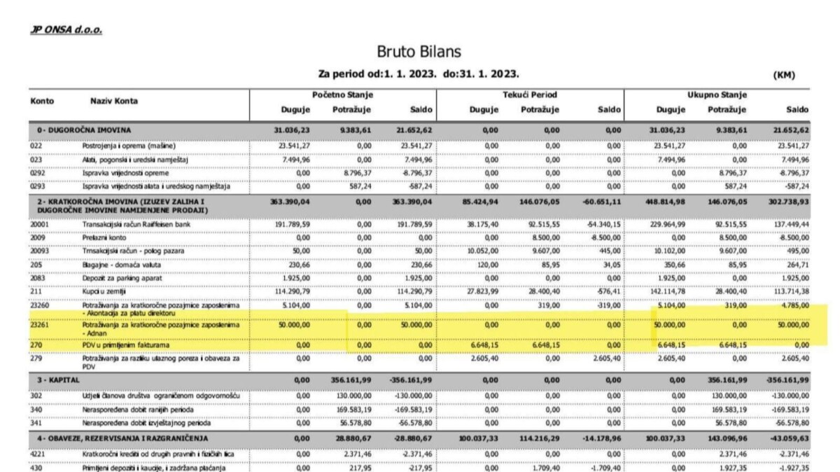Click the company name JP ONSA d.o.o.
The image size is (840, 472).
66,32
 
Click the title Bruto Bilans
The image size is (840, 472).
419,52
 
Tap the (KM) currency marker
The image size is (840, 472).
784,75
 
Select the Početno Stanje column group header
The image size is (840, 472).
342,95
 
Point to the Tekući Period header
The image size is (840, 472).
529,95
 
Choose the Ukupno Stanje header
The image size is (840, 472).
716,95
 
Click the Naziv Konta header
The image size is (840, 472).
114,101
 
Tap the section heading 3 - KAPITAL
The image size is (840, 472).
55,379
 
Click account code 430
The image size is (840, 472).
36,467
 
